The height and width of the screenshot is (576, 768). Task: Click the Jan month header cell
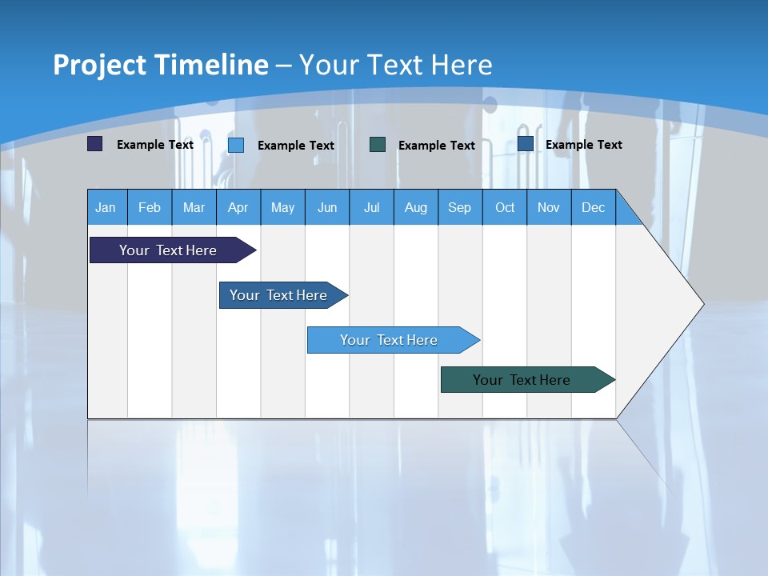click(x=106, y=207)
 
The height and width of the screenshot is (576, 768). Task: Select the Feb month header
click(x=150, y=207)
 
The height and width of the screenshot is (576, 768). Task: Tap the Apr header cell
click(x=238, y=207)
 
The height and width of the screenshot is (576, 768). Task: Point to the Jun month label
click(x=327, y=208)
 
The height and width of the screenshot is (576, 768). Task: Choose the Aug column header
click(x=416, y=207)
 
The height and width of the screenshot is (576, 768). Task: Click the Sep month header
click(x=460, y=207)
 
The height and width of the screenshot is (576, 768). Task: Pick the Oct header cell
click(x=505, y=207)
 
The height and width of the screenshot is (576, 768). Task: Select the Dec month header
click(x=594, y=207)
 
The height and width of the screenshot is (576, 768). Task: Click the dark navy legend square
click(x=95, y=144)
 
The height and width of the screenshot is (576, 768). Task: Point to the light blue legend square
click(x=236, y=145)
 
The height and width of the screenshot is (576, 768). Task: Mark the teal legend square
click(x=378, y=145)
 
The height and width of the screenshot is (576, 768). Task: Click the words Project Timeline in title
click(x=161, y=65)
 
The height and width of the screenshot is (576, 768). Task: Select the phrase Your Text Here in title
click(x=395, y=65)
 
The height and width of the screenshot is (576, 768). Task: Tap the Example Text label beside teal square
click(x=437, y=146)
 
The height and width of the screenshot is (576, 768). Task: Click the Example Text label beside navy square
click(x=155, y=145)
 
